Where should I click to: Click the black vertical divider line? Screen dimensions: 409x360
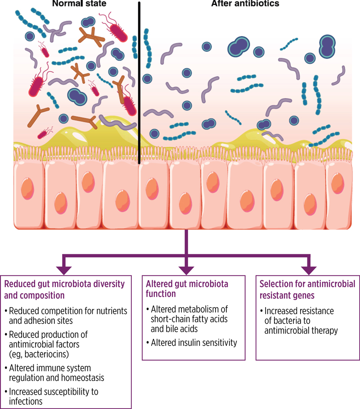pos(139,81)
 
